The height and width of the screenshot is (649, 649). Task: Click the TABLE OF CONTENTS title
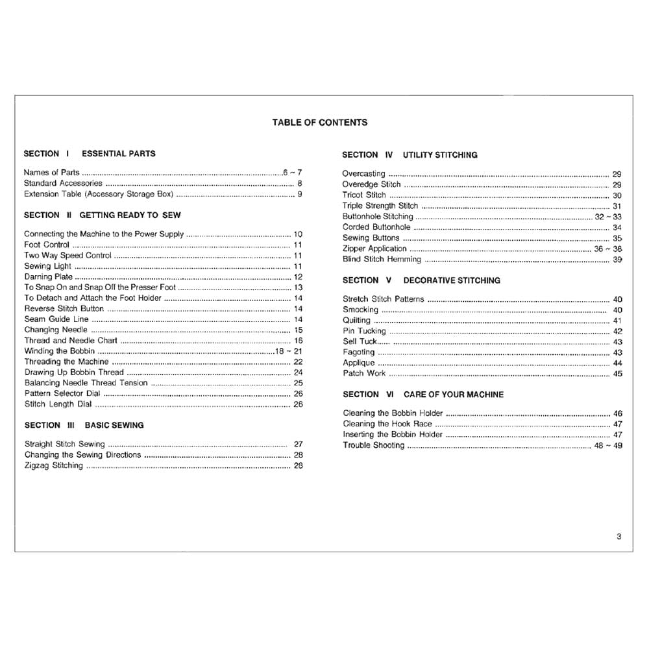tap(319, 122)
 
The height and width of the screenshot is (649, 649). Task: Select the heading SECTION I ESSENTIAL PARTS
tap(90, 154)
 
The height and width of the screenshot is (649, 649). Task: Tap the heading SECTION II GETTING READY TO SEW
tap(103, 215)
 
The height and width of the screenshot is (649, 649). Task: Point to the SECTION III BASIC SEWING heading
tap(84, 425)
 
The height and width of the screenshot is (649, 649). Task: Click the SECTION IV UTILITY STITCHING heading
tap(410, 155)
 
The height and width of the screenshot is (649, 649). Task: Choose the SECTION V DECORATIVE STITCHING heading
tap(421, 280)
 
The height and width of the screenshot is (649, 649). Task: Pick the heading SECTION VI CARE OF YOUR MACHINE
tap(422, 394)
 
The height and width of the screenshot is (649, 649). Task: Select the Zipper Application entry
tap(374, 249)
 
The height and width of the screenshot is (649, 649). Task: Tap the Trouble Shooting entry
tap(373, 445)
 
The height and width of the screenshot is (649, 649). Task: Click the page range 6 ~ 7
tap(292, 173)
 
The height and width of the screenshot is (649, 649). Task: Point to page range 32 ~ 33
tap(608, 217)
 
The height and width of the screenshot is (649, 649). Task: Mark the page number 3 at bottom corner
tap(618, 536)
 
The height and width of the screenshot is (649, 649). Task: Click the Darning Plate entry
tap(49, 277)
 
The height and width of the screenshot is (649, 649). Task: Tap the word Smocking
tap(360, 310)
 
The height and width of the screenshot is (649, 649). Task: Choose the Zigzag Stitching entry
tap(54, 465)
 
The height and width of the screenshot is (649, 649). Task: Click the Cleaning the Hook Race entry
tap(387, 424)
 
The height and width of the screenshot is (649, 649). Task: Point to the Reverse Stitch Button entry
tap(64, 309)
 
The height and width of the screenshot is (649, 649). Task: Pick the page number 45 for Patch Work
tap(617, 374)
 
